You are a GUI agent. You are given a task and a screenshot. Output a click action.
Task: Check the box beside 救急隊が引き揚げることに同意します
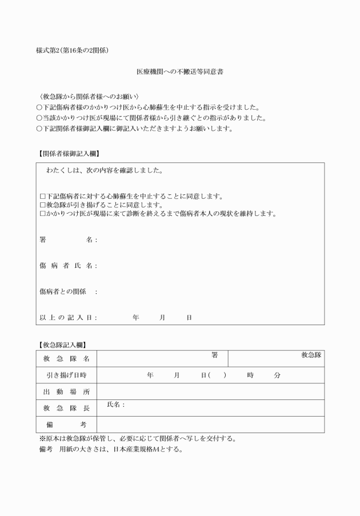tap(42, 205)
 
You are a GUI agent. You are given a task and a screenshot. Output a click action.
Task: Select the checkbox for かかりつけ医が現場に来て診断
tap(42, 214)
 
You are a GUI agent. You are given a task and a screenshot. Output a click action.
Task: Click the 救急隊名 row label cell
tap(66, 359)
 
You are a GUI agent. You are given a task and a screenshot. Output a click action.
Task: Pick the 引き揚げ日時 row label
tap(66, 375)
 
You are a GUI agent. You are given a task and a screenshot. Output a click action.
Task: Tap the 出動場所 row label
tap(66, 392)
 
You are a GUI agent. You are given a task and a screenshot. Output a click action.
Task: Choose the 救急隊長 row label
tap(66, 408)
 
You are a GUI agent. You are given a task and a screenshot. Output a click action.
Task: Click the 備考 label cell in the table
tap(66, 425)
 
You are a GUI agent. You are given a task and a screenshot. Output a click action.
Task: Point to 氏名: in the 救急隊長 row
tap(115, 405)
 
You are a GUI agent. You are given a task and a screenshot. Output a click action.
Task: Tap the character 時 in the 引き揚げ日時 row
tap(250, 375)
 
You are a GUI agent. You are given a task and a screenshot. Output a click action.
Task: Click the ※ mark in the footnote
tap(42, 439)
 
